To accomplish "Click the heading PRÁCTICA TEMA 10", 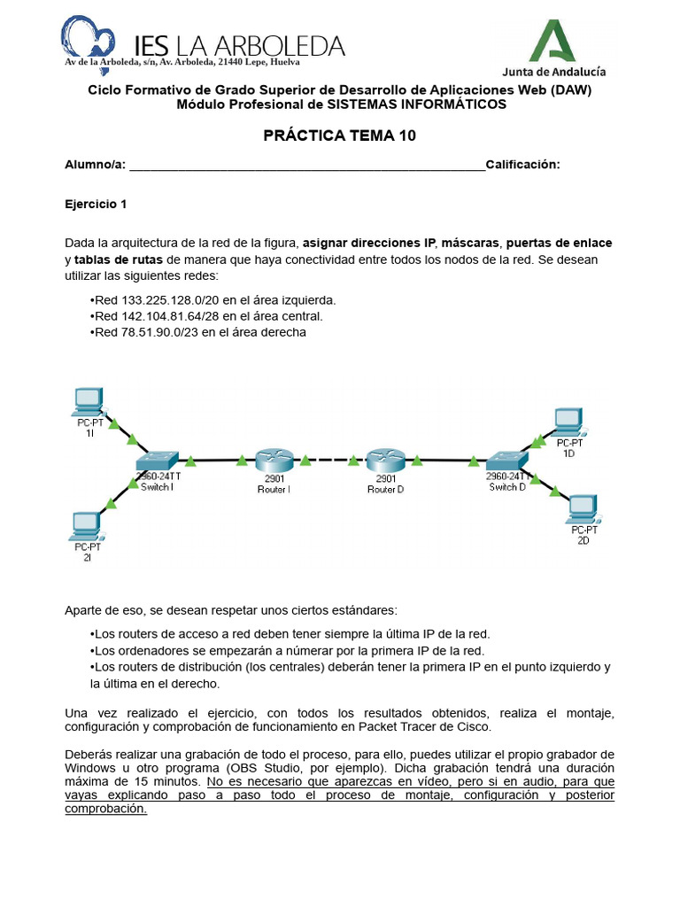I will [339, 136].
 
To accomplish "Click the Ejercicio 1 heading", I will [96, 204].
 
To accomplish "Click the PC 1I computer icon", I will [89, 404].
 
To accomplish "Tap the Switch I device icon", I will [158, 461].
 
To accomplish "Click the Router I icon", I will [274, 461].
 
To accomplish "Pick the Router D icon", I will [385, 461].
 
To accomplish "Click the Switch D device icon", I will [507, 461].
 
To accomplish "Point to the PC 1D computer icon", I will [568, 422].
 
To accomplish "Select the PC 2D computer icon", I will [583, 508].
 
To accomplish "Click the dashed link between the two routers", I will [329, 461].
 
